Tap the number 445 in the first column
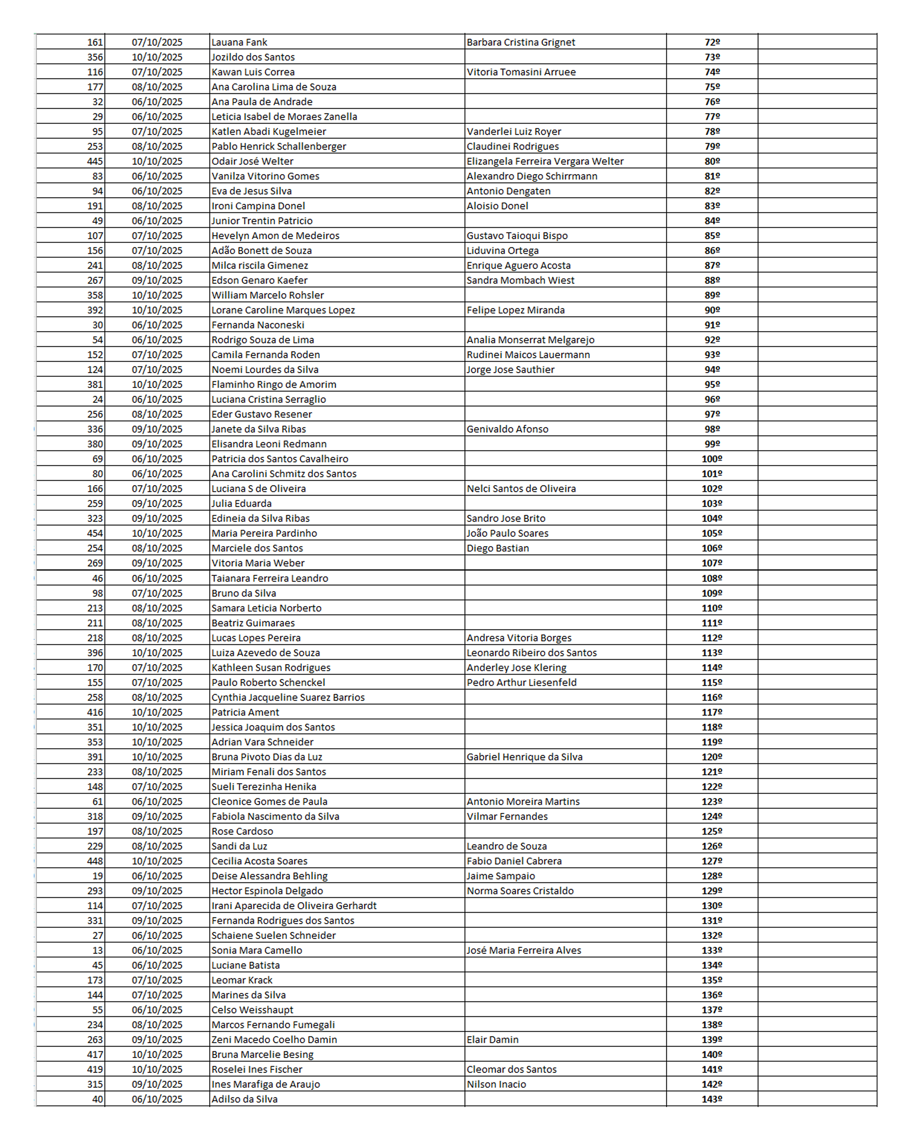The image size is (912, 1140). coord(95,161)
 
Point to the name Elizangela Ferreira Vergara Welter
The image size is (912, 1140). coord(545,161)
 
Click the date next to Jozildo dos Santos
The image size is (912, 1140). coord(157,57)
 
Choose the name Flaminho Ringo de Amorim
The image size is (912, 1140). coord(274,385)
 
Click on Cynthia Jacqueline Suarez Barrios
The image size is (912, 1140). coord(288,698)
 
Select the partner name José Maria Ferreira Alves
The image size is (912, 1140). coord(523,950)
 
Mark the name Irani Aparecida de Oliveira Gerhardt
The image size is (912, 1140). coord(294,906)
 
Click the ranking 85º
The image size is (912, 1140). coord(712,236)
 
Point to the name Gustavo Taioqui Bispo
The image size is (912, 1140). coord(517,236)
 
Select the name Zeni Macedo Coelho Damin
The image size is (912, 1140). coord(274,1040)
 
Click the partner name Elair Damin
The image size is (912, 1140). coord(492,1040)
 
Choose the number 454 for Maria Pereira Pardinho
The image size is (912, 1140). coord(95,533)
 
